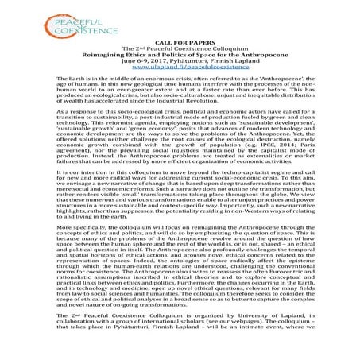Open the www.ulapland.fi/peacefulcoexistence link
coord(179,69)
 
